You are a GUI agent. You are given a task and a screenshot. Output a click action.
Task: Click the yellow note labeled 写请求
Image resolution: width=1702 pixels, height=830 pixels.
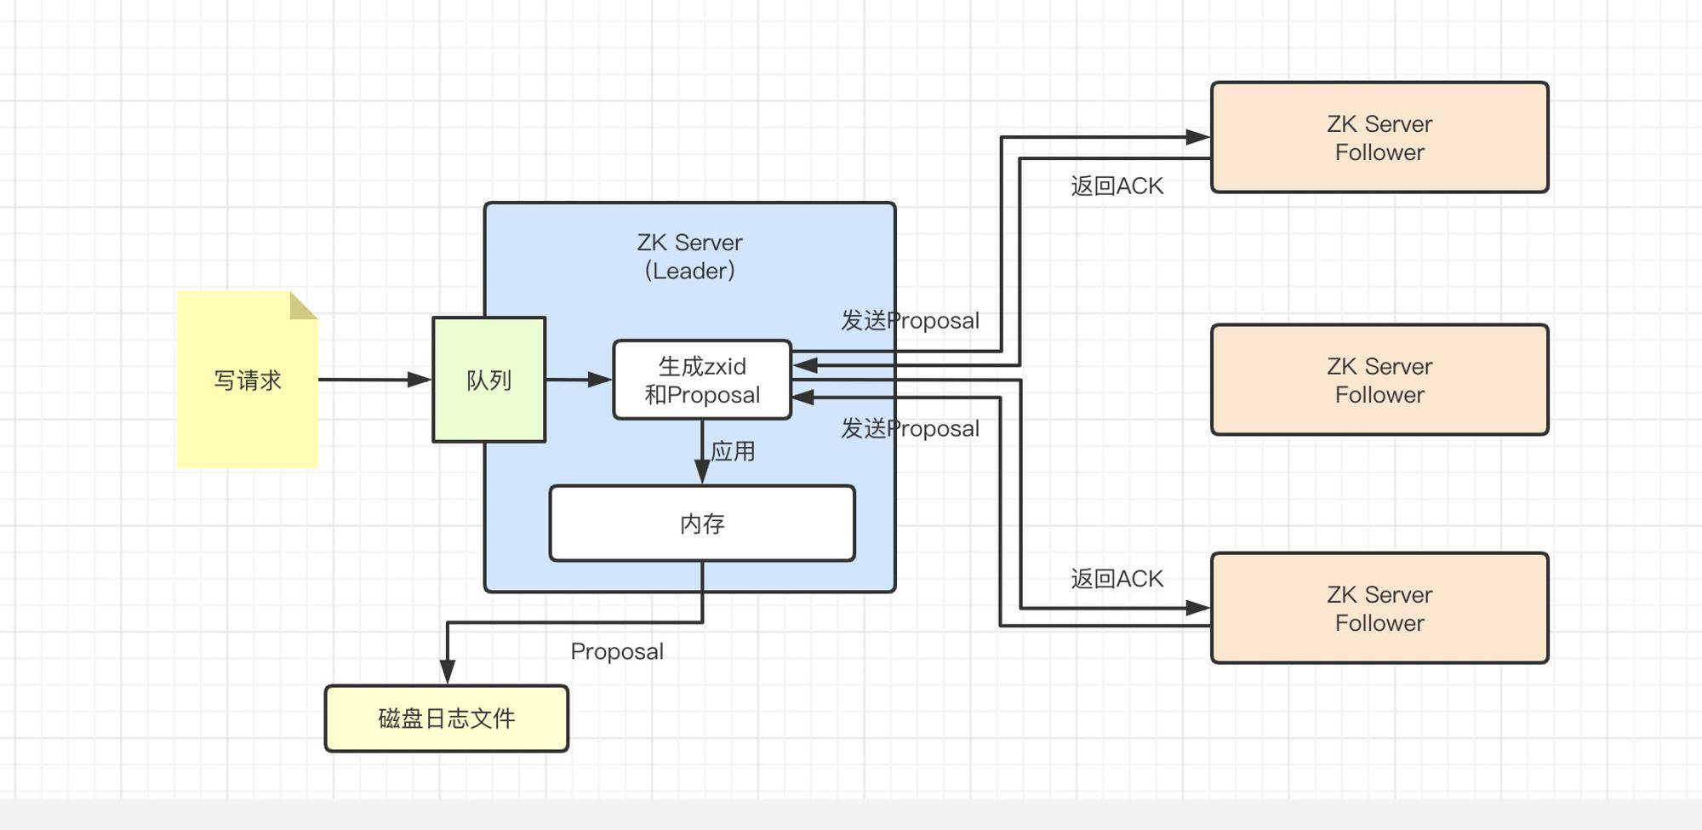coord(247,380)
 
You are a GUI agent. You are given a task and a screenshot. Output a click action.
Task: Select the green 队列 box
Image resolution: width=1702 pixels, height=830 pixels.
coord(489,380)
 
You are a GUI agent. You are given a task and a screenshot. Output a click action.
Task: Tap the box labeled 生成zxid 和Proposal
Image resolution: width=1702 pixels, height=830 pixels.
coord(702,380)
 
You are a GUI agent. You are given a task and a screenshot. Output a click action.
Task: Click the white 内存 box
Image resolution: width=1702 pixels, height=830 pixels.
coord(702,524)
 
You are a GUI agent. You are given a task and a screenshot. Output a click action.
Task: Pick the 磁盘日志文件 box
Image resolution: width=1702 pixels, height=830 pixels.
coord(447,718)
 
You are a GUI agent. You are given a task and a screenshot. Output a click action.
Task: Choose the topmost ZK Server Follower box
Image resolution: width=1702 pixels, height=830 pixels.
coord(1379,138)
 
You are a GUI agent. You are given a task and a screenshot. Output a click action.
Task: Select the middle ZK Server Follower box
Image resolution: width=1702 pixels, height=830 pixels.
coord(1379,380)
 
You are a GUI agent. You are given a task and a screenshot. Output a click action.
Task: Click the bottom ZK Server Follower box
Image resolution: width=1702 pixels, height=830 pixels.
coord(1379,608)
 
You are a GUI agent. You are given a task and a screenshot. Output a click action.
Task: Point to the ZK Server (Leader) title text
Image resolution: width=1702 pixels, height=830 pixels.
coord(689,256)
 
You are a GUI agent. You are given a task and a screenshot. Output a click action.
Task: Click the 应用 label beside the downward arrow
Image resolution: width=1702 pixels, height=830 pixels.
coord(733,451)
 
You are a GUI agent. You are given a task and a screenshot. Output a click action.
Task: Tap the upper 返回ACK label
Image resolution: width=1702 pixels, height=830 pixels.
coord(1117,186)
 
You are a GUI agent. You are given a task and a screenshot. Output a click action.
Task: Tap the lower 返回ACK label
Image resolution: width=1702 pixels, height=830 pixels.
coord(1117,579)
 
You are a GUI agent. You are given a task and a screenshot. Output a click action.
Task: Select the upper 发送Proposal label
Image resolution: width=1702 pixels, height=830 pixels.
coord(911,320)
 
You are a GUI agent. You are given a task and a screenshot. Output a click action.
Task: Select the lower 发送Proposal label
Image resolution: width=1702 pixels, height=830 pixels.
coord(911,428)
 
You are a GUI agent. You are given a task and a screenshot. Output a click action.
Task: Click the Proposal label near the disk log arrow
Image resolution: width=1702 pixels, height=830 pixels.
coord(617,651)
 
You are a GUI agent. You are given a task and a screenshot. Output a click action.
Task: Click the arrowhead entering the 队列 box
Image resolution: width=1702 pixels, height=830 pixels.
coord(420,380)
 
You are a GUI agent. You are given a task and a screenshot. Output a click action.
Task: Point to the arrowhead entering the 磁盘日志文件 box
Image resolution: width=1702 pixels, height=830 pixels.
coord(448,673)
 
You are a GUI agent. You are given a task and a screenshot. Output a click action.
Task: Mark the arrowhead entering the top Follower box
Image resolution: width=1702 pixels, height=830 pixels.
coord(1198,136)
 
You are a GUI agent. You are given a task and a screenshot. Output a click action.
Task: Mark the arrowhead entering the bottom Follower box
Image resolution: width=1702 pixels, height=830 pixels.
coord(1198,608)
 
